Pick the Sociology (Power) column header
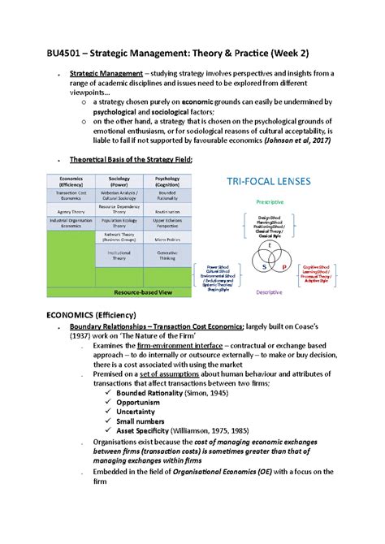tap(120, 183)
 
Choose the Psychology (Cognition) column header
tap(167, 183)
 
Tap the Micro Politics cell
tap(167, 240)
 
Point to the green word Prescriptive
tap(269, 202)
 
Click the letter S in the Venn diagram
tap(262, 266)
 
